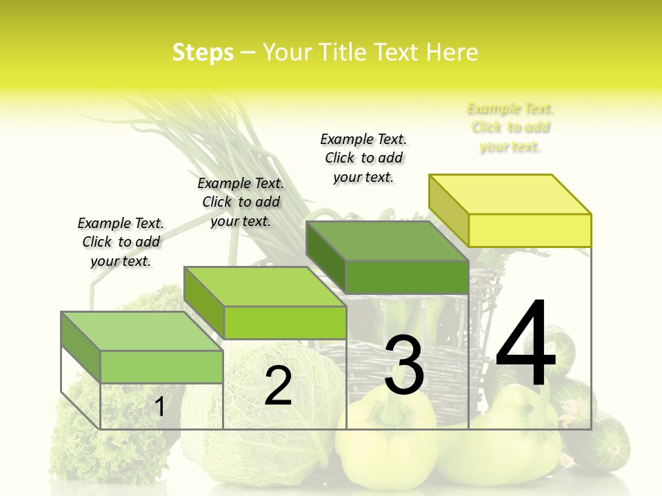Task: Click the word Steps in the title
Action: [203, 52]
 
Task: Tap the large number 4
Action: [525, 344]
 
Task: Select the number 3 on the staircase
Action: [404, 365]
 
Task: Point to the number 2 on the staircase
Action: [278, 386]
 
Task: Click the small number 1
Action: [159, 406]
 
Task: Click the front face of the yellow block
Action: [530, 230]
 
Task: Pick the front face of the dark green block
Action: [407, 277]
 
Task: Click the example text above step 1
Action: [121, 242]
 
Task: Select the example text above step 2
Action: [241, 202]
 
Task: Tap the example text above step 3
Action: [363, 158]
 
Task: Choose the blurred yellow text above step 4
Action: [510, 127]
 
